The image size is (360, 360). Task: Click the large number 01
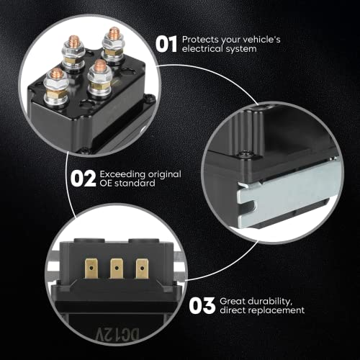tap(166, 44)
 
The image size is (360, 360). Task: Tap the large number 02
tap(83, 179)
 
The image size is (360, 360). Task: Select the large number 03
tap(202, 305)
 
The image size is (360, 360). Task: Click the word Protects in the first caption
tap(200, 40)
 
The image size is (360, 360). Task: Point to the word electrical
tap(202, 49)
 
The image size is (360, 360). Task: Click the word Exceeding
tap(122, 175)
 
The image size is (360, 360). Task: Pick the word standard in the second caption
tap(135, 184)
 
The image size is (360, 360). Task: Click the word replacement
tap(276, 310)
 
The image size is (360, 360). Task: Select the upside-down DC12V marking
tap(117, 334)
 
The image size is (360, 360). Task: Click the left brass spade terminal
tap(91, 269)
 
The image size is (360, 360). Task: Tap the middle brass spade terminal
tap(117, 269)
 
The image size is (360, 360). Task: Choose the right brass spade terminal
tap(142, 269)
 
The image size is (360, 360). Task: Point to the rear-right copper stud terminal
tap(113, 45)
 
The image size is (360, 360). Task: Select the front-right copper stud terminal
tap(99, 77)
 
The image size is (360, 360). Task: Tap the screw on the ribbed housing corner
tap(245, 153)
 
